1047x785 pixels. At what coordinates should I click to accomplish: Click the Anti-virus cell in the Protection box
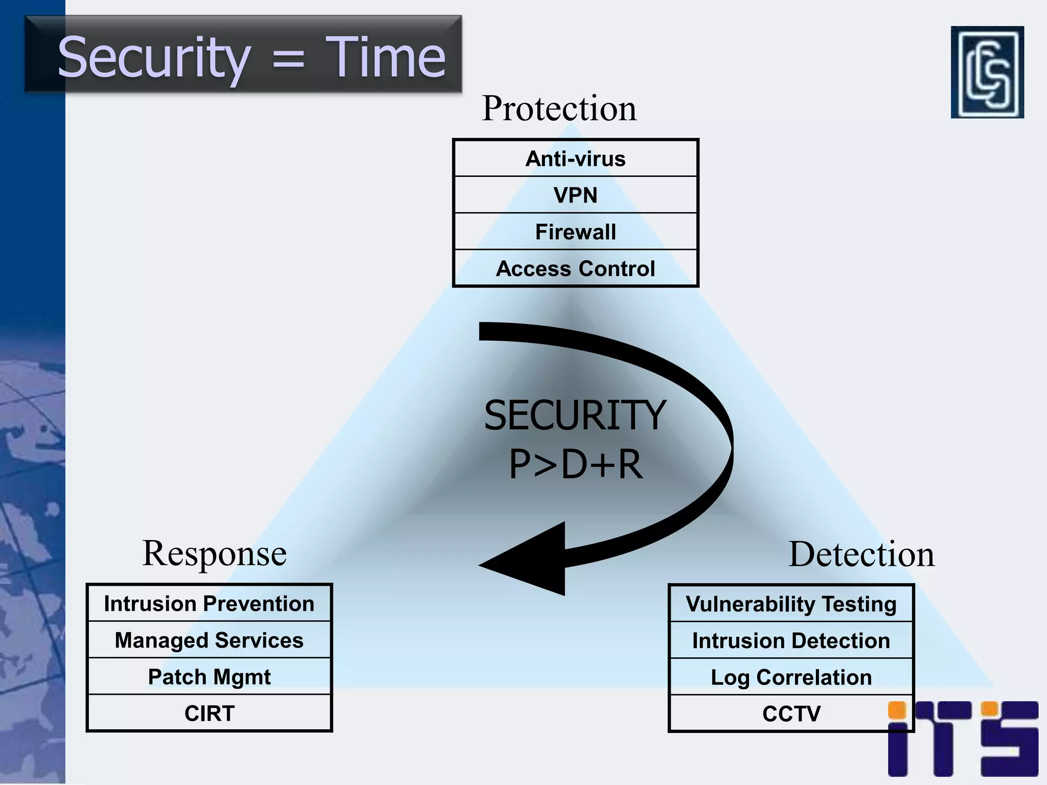pos(575,159)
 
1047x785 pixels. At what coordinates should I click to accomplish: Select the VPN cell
pos(575,195)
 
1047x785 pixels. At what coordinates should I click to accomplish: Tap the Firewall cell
pos(575,232)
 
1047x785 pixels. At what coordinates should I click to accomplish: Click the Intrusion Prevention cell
pos(209,604)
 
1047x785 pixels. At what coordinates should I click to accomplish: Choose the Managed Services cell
pos(209,640)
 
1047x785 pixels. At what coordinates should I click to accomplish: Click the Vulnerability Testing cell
pos(791,604)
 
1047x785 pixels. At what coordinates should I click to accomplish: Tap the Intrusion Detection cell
pos(791,641)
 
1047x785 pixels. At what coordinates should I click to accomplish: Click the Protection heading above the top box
pos(559,108)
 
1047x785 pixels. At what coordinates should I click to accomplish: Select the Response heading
pos(214,553)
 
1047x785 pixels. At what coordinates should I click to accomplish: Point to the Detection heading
pos(861,555)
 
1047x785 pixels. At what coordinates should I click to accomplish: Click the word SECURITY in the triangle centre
pos(575,415)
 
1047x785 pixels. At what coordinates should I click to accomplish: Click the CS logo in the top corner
pos(987,72)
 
